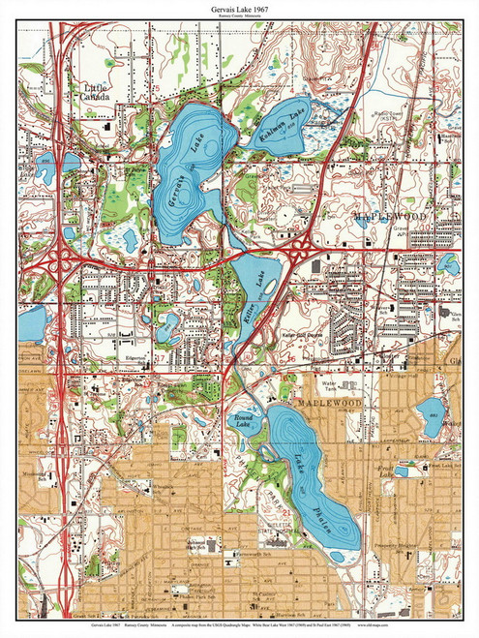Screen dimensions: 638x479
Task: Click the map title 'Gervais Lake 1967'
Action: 239,8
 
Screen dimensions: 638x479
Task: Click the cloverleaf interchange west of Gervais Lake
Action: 65,261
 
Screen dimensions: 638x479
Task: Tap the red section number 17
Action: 157,355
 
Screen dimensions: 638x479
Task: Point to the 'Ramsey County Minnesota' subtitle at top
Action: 239,16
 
